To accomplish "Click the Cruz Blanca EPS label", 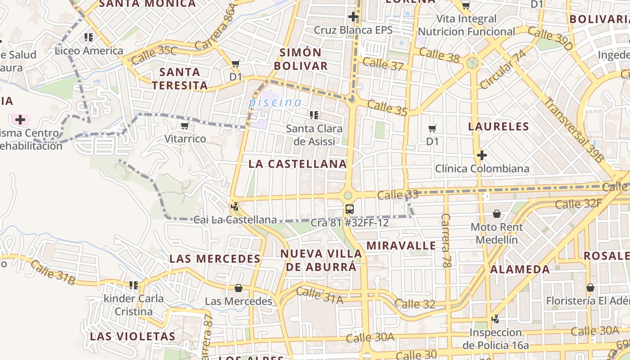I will pos(353,30).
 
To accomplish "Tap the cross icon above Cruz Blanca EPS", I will pos(353,17).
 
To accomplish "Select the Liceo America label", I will pos(89,50).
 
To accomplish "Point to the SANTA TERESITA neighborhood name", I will pos(180,79).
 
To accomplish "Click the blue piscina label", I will pos(275,102).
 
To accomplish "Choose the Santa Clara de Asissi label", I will pos(314,135).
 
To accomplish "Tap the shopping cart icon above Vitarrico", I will pos(184,126).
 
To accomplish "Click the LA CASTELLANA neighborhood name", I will pos(297,164).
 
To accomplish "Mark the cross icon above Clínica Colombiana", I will pos(482,156).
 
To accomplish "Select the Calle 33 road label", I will pos(398,195).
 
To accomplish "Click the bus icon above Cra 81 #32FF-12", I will pos(349,209).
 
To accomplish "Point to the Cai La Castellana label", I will pos(235,220).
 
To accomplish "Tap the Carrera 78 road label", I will pos(446,241).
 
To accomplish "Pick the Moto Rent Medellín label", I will pos(497,233).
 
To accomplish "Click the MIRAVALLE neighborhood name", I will pos(401,246).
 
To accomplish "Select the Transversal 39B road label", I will pos(573,129).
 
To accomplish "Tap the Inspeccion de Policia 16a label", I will pos(495,339).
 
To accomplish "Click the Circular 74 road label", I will pos(503,70).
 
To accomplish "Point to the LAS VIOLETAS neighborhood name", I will pos(132,336).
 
